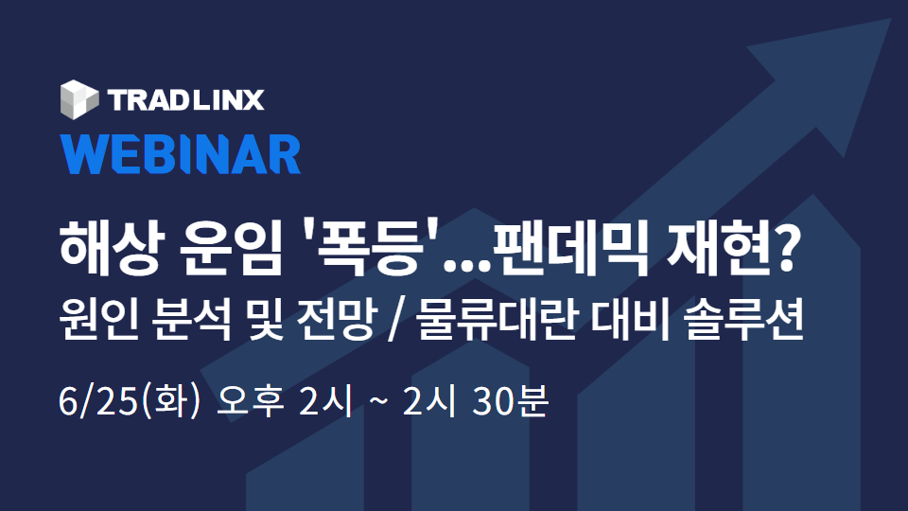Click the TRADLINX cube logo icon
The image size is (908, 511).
(x=79, y=99)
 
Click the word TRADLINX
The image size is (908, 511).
(x=186, y=100)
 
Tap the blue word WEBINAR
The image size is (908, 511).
(x=181, y=154)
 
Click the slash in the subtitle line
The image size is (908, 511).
(x=395, y=321)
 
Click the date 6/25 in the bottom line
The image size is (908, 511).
(x=97, y=401)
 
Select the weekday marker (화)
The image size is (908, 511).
(x=169, y=401)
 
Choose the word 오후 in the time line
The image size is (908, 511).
(x=250, y=401)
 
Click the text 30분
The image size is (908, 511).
(x=510, y=401)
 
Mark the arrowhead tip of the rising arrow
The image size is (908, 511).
(x=891, y=19)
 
